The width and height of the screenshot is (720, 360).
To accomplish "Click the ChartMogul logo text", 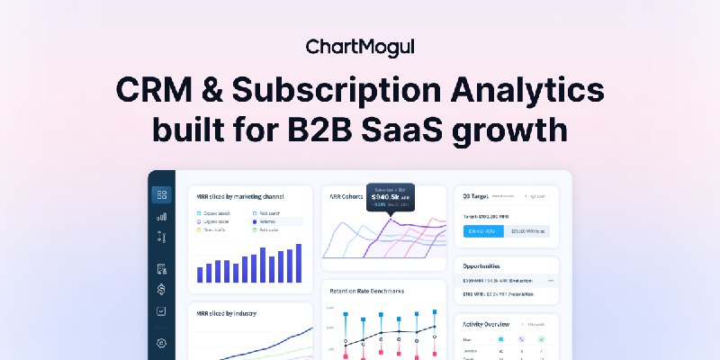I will [359, 47].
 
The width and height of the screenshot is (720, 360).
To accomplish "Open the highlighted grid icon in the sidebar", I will [162, 194].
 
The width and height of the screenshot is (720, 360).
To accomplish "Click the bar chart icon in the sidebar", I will [162, 217].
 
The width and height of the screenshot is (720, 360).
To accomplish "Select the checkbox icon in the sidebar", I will [162, 310].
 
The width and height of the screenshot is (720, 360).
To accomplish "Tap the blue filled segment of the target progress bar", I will [481, 231].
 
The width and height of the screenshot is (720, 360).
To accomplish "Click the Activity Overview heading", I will [486, 323].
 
